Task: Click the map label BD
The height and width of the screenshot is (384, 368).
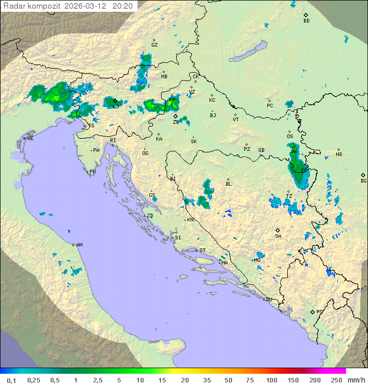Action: [306, 20]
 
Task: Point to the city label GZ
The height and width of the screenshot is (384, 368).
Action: [154, 44]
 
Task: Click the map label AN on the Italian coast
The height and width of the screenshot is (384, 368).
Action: [79, 245]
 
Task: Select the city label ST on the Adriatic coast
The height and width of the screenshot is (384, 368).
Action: [202, 251]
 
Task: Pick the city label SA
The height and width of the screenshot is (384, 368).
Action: [278, 236]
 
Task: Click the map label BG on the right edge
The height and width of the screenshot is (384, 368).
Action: [363, 180]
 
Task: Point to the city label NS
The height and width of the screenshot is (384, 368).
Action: [339, 154]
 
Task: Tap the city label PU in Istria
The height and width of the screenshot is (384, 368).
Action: [93, 172]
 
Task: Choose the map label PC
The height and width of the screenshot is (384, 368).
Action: [270, 105]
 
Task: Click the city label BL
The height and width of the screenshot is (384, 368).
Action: [228, 184]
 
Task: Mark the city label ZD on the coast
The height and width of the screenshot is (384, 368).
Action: [150, 216]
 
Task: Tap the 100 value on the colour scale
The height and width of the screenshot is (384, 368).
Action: [271, 380]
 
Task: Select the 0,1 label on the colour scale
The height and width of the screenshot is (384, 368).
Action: [11, 380]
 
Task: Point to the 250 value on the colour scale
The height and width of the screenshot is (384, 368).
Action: [336, 380]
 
